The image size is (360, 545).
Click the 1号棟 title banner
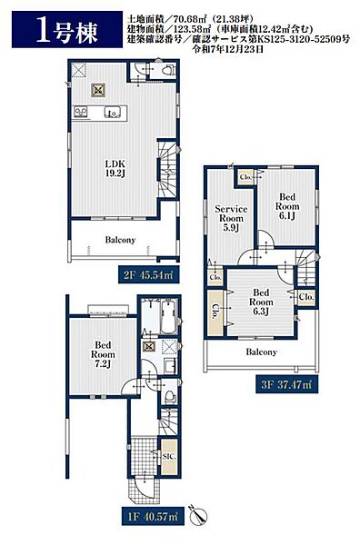click(x=67, y=30)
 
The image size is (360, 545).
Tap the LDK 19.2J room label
click(x=115, y=169)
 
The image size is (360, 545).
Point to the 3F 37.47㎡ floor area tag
click(x=287, y=384)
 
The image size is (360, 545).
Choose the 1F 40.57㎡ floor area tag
click(x=153, y=516)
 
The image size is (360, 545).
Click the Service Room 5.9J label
click(x=231, y=218)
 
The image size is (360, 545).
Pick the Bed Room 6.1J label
click(x=287, y=206)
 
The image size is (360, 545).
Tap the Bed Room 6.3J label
click(x=261, y=302)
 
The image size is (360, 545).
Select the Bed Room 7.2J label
click(x=103, y=354)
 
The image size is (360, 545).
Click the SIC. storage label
click(x=169, y=456)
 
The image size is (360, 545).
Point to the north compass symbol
click(x=198, y=514)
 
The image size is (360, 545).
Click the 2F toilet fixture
click(x=167, y=70)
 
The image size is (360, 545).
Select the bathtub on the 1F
click(x=169, y=315)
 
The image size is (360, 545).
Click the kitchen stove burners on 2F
click(x=80, y=113)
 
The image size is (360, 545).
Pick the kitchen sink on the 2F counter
click(x=113, y=113)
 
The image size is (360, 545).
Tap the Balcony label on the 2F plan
click(x=120, y=240)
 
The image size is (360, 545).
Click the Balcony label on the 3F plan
click(x=261, y=352)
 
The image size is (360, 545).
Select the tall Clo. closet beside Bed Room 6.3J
click(x=215, y=312)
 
